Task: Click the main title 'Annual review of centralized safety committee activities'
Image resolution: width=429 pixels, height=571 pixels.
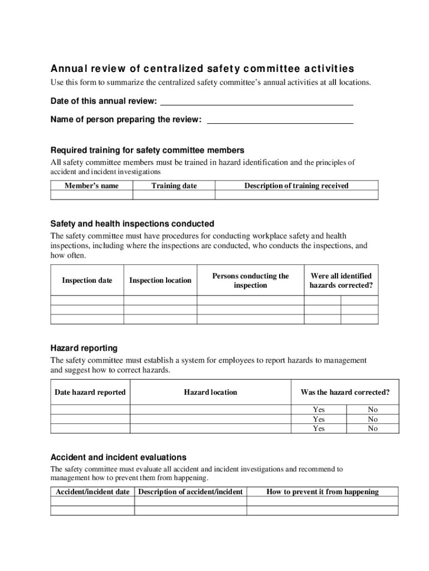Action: pos(202,69)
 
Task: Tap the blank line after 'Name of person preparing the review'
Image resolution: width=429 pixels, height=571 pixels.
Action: pos(280,119)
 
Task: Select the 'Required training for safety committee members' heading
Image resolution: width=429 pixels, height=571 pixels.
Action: pos(147,151)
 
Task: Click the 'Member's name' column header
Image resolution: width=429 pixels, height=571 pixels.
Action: pos(91,186)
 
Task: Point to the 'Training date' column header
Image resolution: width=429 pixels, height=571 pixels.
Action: pos(174,186)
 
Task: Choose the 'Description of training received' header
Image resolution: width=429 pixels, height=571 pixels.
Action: pos(296,186)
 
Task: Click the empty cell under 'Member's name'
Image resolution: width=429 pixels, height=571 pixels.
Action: pos(91,195)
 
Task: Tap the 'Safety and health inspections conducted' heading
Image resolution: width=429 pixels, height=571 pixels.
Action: pos(132,224)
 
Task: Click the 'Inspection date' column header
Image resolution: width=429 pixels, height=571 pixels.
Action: pos(87,280)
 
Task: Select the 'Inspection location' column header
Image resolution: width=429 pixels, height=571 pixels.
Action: pos(160,280)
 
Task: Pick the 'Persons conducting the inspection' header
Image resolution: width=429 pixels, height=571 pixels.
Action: pos(250,280)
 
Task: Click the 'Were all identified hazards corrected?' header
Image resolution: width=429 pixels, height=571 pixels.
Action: pos(341,280)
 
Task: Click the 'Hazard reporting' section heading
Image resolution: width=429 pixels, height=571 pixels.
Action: pos(84,349)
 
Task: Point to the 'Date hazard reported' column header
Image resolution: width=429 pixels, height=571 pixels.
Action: pos(90,392)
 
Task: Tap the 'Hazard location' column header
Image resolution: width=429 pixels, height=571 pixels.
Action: pos(210,392)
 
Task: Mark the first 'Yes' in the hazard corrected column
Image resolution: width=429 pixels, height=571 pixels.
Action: pos(319,410)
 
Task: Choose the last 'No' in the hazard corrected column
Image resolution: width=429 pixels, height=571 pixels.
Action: pos(373,429)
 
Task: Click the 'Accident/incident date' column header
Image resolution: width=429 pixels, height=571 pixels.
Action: pos(92,492)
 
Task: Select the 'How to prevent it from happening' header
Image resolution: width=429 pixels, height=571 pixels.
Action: pos(323,492)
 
